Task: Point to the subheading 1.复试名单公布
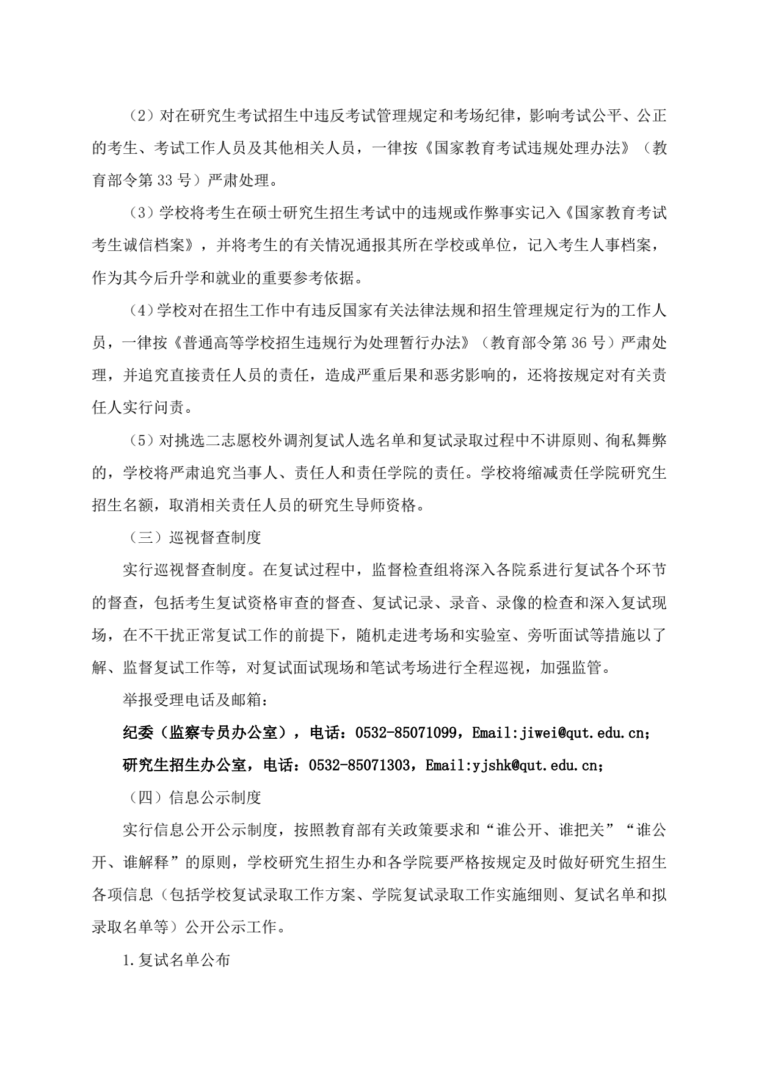176,959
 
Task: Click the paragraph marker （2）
140,116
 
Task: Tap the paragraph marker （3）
140,213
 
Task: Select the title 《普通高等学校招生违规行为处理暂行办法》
321,343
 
